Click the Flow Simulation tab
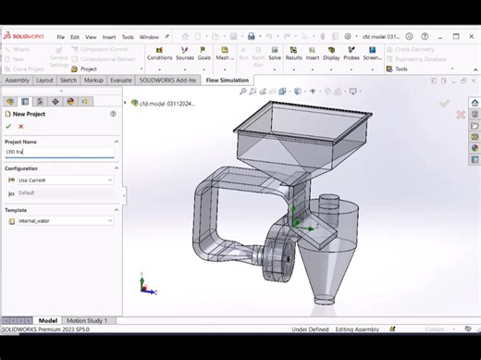point(227,81)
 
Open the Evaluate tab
point(121,81)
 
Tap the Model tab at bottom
point(47,320)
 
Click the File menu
point(61,37)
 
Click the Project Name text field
point(59,152)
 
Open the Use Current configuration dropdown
point(59,180)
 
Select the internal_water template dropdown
point(59,221)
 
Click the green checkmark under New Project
point(8,126)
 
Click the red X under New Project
point(21,126)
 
